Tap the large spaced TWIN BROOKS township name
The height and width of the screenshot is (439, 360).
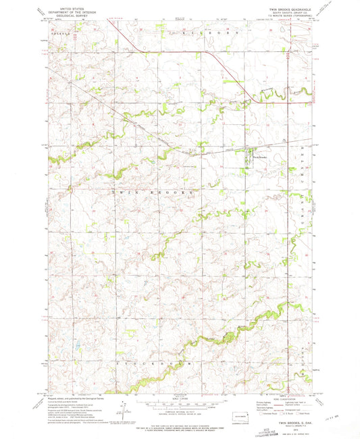(153, 192)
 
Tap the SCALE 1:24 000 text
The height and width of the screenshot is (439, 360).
(178, 399)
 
